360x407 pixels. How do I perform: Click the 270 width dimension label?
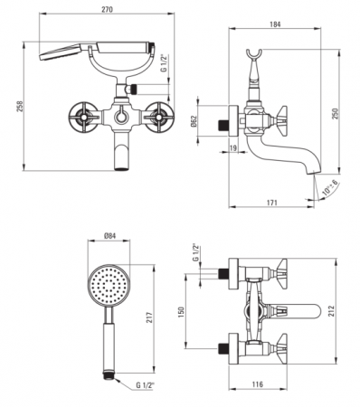pyautogui.click(x=107, y=9)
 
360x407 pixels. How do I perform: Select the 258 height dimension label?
pyautogui.click(x=19, y=107)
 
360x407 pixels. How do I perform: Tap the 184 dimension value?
pyautogui.click(x=275, y=24)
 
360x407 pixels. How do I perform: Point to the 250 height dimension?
pyautogui.click(x=335, y=114)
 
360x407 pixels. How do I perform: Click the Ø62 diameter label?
pyautogui.click(x=194, y=121)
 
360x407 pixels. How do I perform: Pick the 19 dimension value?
pyautogui.click(x=233, y=148)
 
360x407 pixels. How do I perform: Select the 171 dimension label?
pyautogui.click(x=271, y=203)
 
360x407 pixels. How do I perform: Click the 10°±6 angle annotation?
pyautogui.click(x=330, y=188)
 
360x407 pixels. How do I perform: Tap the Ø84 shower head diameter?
pyautogui.click(x=109, y=236)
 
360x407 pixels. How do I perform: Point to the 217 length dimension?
pyautogui.click(x=149, y=317)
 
